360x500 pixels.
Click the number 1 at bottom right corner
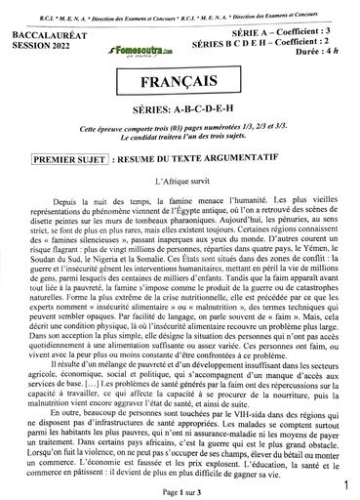pyautogui.click(x=346, y=482)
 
